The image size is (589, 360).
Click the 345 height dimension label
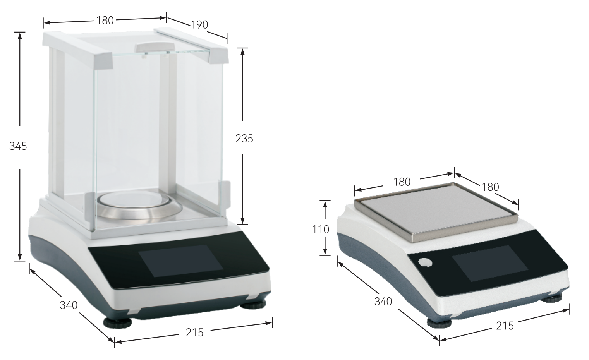(x=18, y=146)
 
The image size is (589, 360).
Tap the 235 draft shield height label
(x=244, y=139)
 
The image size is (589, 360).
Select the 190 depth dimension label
(x=199, y=25)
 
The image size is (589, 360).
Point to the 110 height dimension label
(x=320, y=230)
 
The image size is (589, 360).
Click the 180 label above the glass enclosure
(x=105, y=21)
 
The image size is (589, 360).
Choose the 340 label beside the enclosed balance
(x=69, y=305)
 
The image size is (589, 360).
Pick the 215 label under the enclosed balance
(x=194, y=333)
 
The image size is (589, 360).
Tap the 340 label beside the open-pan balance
(x=383, y=302)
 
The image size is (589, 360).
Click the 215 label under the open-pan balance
(x=505, y=326)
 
